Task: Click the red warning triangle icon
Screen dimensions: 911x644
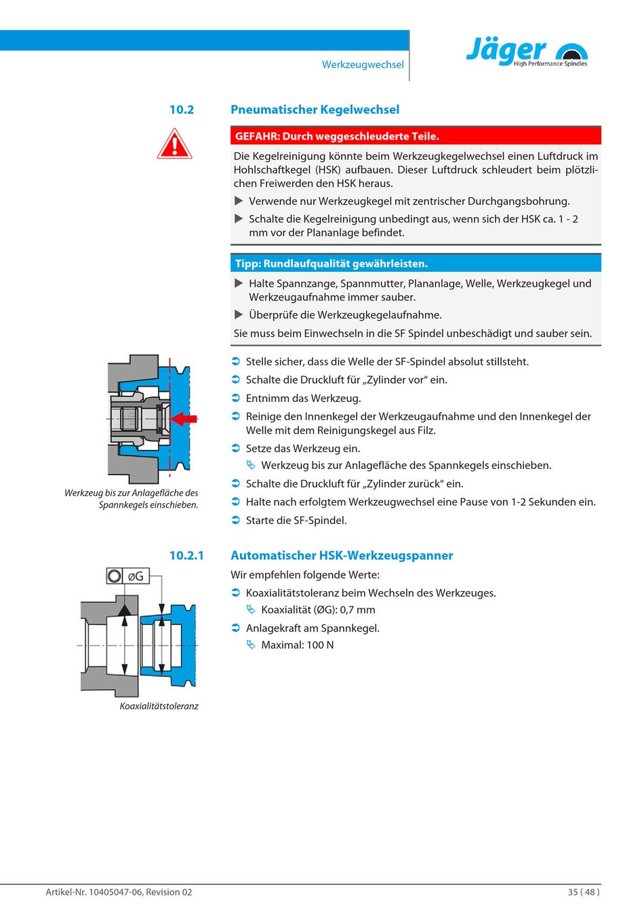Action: [174, 144]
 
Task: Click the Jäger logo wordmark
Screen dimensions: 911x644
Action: [506, 50]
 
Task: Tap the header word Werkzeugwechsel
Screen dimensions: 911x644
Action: [363, 64]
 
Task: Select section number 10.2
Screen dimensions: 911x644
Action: [182, 110]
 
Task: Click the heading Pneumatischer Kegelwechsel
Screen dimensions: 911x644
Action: [315, 110]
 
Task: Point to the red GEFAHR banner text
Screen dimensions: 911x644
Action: [337, 136]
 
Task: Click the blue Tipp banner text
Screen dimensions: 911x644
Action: [331, 264]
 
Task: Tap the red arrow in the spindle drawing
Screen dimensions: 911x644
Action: [184, 419]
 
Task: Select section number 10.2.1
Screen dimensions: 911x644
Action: [186, 556]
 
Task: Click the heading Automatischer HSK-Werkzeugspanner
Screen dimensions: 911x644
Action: [342, 556]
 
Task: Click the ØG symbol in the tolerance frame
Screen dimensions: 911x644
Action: [136, 576]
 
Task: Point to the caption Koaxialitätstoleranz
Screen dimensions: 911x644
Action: [159, 706]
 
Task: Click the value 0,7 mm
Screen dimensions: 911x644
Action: [357, 610]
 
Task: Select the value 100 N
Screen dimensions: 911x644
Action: [320, 645]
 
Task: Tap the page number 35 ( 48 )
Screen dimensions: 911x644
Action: [584, 892]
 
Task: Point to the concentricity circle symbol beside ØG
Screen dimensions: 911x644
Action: [115, 576]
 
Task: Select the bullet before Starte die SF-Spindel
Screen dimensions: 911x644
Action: [236, 521]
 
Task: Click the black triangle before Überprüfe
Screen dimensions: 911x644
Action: [239, 315]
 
